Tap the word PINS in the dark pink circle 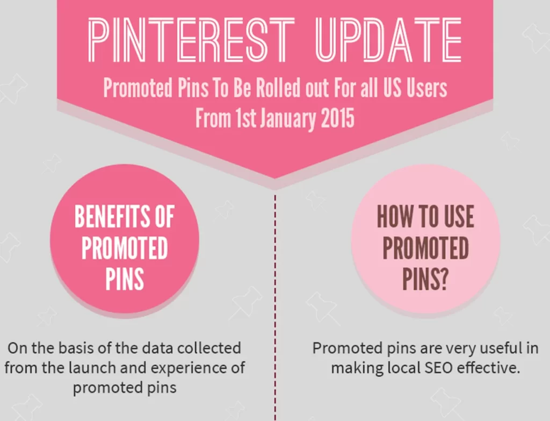pos(125,279)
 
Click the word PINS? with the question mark pos(425,280)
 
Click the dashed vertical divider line pos(275,308)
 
